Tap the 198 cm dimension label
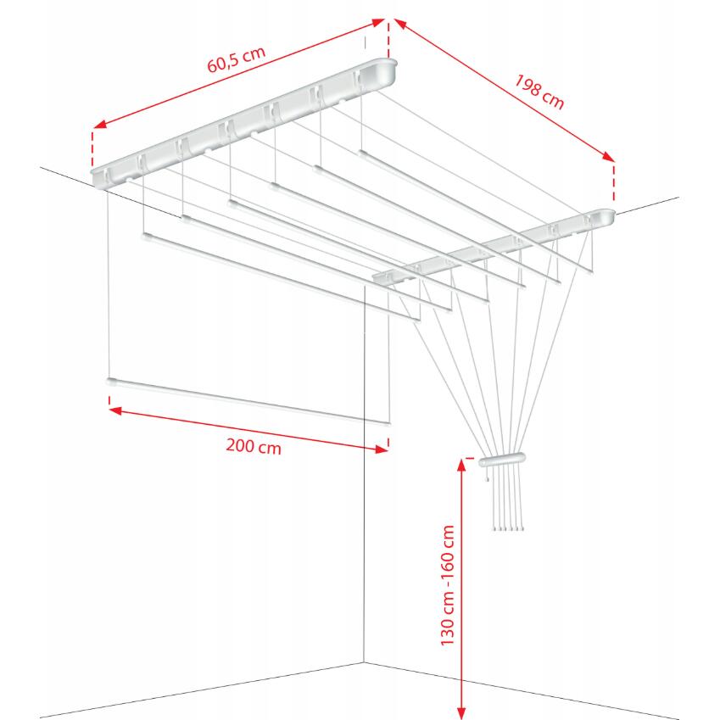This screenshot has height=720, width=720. tap(539, 91)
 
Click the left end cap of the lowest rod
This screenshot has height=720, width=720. tap(111, 382)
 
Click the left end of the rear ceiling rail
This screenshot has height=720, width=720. tap(100, 176)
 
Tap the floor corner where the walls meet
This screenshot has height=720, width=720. tap(364, 662)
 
